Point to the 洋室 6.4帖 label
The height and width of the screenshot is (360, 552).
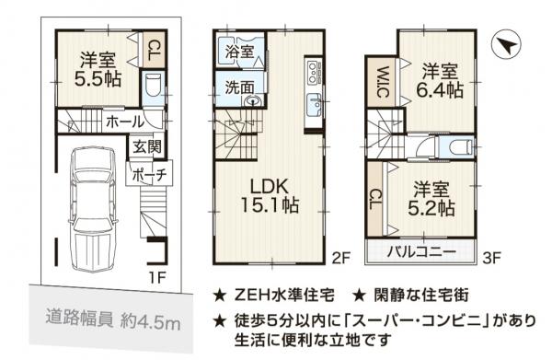coord(439,81)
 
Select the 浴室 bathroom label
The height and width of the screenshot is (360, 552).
coord(236,52)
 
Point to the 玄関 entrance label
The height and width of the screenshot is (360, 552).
coord(145,146)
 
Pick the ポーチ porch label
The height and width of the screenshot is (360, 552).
coord(147,175)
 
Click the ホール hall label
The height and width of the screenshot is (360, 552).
coord(124,121)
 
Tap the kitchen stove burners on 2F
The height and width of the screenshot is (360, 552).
coord(312,70)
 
